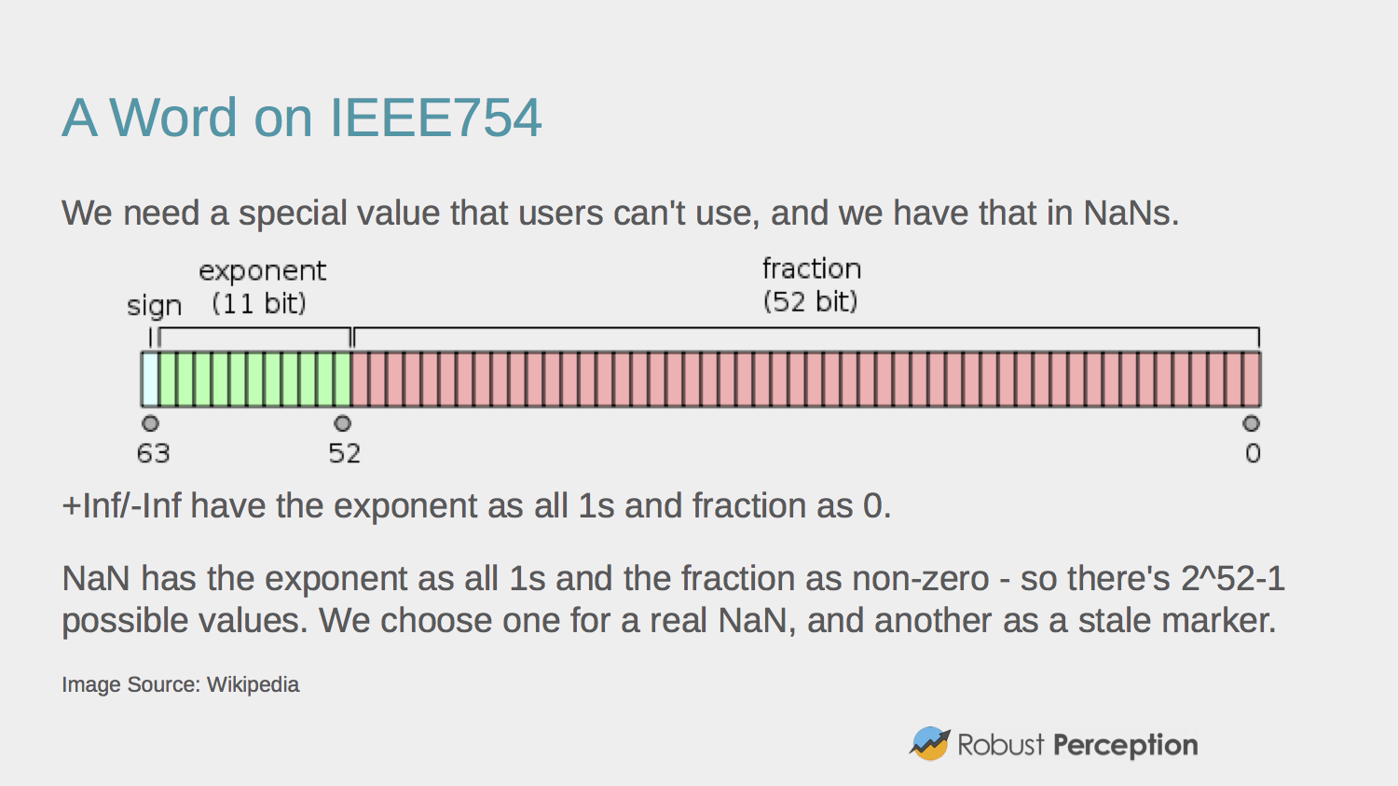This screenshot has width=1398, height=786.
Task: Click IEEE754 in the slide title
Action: [x=435, y=118]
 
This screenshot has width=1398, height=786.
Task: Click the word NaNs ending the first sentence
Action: [x=1130, y=214]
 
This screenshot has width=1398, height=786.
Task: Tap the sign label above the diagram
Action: [x=154, y=306]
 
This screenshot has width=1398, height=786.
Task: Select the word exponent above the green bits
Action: [x=262, y=271]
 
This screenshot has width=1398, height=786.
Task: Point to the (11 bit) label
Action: [x=258, y=304]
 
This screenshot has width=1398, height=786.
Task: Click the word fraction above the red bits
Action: [x=811, y=269]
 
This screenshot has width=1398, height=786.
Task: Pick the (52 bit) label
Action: [x=810, y=302]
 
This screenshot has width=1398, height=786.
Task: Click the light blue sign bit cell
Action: [x=150, y=379]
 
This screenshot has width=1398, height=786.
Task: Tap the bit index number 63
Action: [x=153, y=454]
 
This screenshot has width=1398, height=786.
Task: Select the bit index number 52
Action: [x=344, y=454]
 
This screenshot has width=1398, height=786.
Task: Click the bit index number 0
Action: [x=1252, y=454]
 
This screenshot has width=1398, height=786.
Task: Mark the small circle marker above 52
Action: [x=343, y=424]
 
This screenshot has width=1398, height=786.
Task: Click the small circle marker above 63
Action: [x=150, y=424]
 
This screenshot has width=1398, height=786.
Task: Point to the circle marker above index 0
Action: [x=1251, y=424]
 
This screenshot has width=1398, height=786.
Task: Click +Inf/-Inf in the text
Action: [x=121, y=506]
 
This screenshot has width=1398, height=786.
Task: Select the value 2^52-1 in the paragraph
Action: [x=1232, y=579]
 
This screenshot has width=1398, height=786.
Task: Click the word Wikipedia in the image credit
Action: [x=253, y=684]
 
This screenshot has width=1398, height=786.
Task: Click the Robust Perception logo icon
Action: [x=929, y=744]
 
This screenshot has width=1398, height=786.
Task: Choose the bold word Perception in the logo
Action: [x=1125, y=745]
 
